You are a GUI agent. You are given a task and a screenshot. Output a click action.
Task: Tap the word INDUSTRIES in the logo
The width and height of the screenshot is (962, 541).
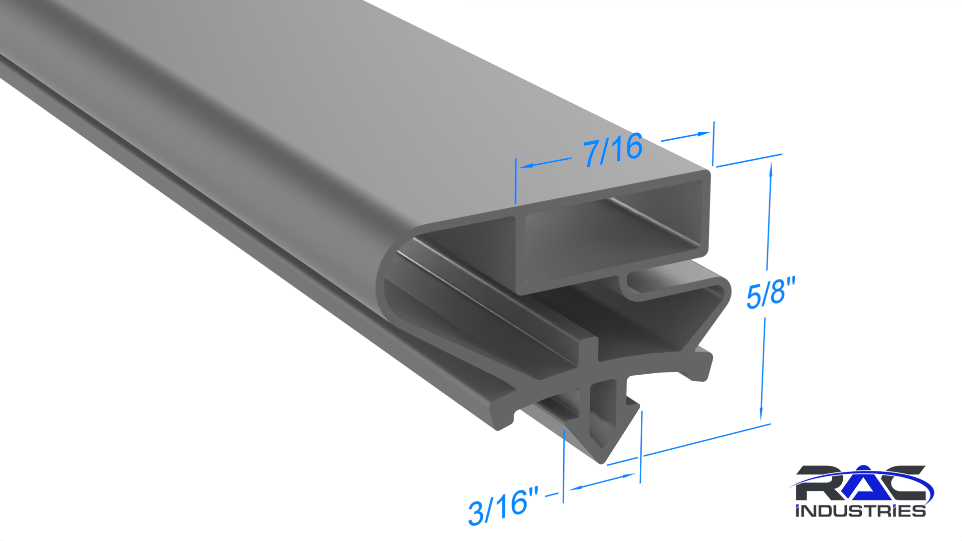click(860, 511)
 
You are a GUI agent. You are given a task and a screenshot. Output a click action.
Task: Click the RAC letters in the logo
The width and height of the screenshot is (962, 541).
click(861, 483)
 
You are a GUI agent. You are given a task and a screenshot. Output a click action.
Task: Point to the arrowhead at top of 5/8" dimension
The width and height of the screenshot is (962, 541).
click(771, 169)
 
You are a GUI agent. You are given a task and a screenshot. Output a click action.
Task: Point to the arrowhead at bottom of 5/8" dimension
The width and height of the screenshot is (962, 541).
click(761, 415)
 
